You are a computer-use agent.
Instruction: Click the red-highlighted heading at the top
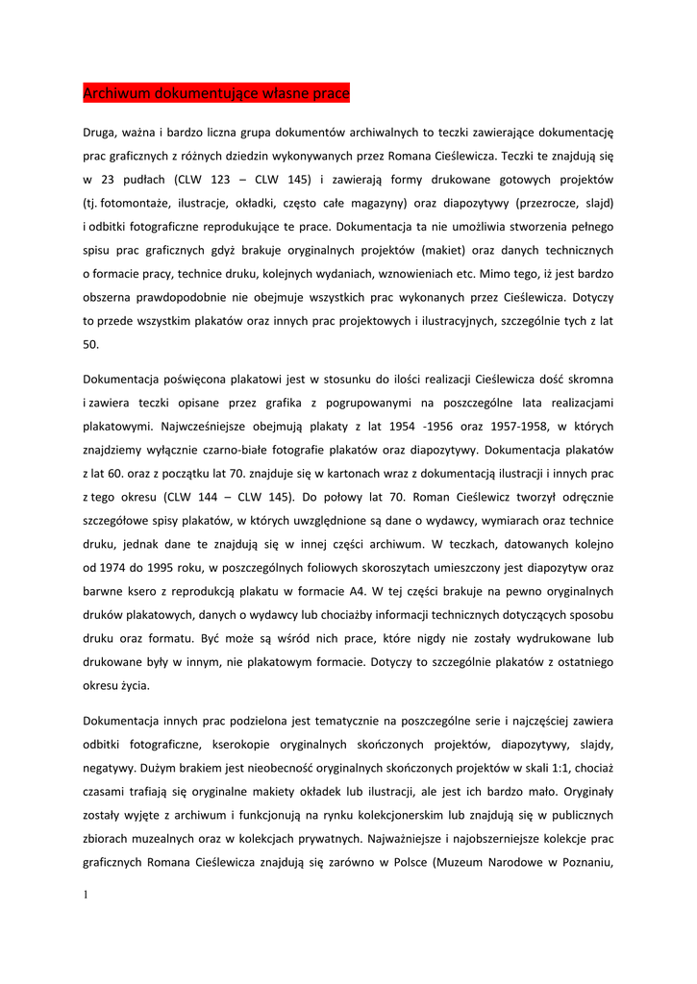point(216,93)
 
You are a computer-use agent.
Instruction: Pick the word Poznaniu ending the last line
point(585,861)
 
